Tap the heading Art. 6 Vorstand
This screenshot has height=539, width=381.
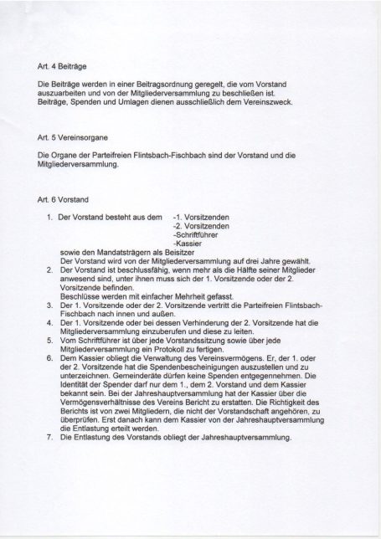click(x=60, y=199)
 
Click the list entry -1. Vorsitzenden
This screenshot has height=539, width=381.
click(x=201, y=217)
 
